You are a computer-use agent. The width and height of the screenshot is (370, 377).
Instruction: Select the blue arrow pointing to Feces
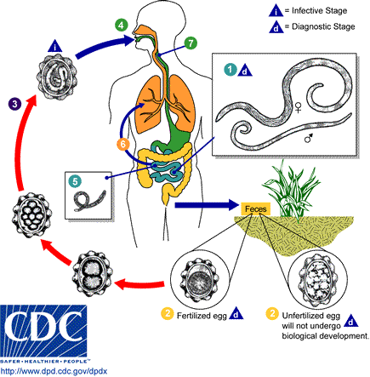pos(202,205)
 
